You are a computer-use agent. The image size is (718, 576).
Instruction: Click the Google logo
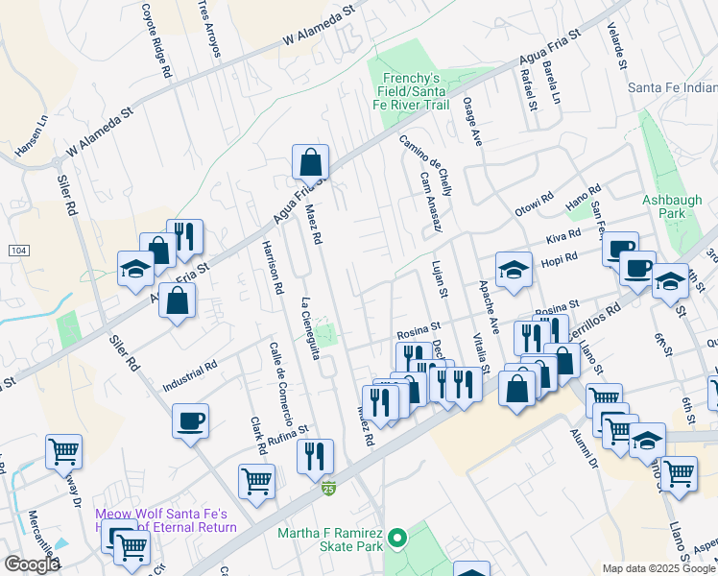click(32, 564)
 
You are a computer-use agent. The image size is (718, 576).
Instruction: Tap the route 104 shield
click(17, 250)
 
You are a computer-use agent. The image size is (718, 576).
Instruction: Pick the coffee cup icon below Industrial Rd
click(191, 420)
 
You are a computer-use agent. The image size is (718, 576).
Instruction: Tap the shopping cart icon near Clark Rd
click(257, 481)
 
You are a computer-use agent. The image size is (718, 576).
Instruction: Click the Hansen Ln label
click(30, 138)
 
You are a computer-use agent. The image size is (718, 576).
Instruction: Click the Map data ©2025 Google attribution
click(658, 567)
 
